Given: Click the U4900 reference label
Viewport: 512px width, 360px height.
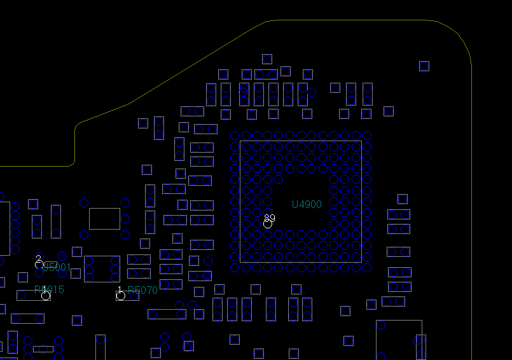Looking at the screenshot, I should (307, 205).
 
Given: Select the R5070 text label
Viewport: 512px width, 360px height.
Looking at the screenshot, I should (142, 291).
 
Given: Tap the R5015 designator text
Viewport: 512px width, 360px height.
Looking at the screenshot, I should (50, 289).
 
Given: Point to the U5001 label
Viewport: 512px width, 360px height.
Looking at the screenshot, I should (56, 267).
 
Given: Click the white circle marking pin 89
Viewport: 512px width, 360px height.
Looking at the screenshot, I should (268, 224).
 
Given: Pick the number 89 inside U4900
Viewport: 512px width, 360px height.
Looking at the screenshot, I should (270, 218).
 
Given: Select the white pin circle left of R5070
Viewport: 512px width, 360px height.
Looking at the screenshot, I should (121, 296).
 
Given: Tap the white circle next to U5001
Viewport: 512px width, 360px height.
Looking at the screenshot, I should (39, 264).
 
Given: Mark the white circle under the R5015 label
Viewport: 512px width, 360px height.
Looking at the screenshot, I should (46, 296).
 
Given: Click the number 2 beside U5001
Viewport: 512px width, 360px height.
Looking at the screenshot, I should (39, 258).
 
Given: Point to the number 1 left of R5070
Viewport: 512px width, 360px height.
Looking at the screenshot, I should (120, 289).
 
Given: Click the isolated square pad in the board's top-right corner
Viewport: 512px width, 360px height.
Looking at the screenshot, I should (424, 66).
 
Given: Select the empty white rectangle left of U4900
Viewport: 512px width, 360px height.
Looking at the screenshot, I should (104, 218).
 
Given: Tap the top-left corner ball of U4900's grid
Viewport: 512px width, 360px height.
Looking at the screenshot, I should (235, 135).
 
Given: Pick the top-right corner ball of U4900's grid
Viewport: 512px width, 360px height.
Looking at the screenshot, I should (367, 135).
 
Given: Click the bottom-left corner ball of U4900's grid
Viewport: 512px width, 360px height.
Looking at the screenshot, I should (235, 268).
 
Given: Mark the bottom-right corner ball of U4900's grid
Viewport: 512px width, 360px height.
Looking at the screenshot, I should (367, 268).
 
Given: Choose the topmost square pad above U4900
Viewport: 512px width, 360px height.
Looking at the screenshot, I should (267, 59).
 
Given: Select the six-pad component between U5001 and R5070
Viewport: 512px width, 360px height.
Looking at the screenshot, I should (102, 269).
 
